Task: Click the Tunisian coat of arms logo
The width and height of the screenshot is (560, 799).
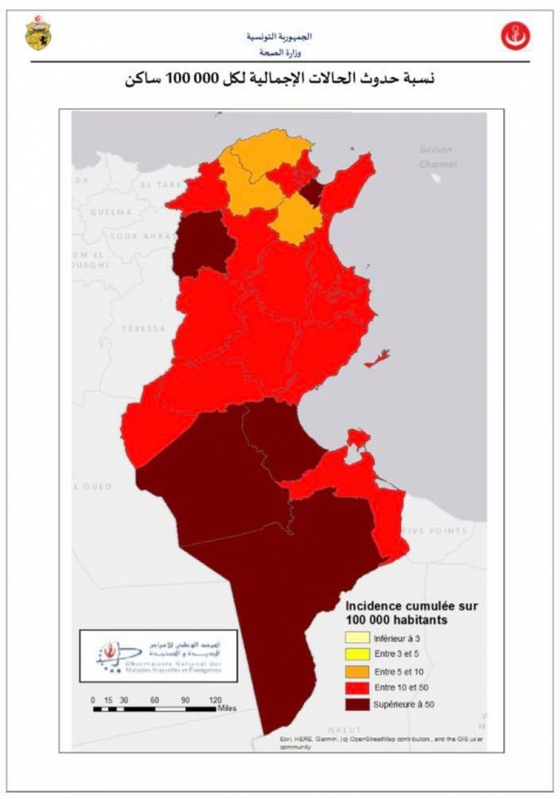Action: pos(37,34)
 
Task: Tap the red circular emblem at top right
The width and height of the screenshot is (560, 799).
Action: pos(516,37)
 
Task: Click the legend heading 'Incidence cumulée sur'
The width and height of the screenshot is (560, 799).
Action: pos(411,606)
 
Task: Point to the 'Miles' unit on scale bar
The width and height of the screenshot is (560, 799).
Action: pos(227,708)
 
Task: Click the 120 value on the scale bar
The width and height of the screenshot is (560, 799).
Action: pos(215,700)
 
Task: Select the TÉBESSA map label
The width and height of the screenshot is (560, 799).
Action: pos(143,329)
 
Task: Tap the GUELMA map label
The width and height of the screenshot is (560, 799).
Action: pos(111,212)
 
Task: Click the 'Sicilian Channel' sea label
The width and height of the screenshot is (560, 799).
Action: pos(436,157)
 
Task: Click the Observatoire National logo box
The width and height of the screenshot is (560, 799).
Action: pos(158,655)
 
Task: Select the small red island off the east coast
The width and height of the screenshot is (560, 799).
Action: pos(377,360)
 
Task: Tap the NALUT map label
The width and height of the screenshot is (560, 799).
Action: pos(344,729)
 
